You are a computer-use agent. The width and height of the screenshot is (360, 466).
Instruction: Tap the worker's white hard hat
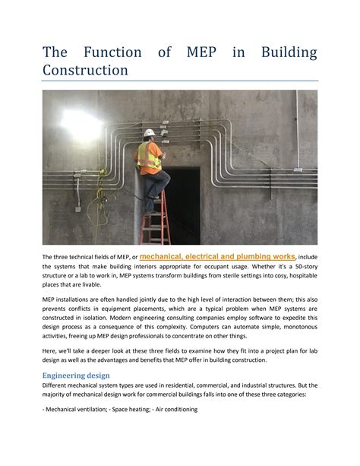point(150,133)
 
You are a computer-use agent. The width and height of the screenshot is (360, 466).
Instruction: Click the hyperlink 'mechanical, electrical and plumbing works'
point(218,257)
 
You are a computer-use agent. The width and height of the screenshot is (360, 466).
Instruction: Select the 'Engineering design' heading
point(76,375)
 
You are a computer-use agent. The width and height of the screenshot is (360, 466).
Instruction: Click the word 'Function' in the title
point(112,52)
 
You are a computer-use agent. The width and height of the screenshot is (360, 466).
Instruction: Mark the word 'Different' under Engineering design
point(57,385)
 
